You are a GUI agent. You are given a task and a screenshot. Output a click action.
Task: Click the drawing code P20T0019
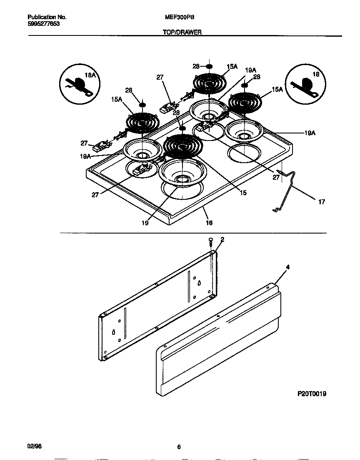pos(312,393)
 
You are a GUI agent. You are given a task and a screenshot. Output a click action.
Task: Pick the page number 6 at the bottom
pos(178,447)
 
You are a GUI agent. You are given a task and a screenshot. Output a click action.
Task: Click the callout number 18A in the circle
pos(90,75)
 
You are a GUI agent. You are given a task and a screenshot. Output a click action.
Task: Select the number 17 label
pos(321,202)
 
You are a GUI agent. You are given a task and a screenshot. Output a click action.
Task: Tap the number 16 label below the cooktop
pos(209,223)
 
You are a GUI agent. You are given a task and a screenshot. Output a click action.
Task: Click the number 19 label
pos(145,223)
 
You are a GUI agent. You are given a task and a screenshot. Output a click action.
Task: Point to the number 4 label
pos(287,266)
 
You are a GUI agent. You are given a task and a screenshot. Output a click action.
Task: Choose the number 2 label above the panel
pos(222,239)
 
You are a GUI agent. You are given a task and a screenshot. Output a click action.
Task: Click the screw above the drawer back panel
pos(211,241)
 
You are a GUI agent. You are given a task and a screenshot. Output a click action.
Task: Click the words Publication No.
pos(47,18)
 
